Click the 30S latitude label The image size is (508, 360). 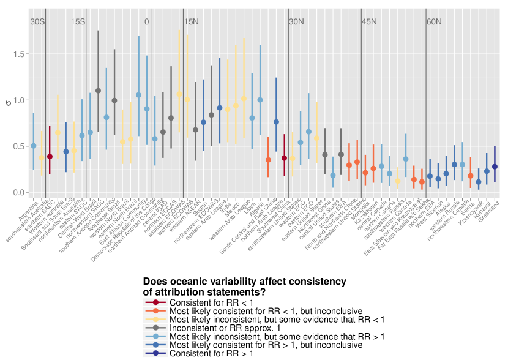(x=37, y=22)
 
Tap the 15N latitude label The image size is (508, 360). (x=191, y=22)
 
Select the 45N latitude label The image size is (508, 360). (x=369, y=22)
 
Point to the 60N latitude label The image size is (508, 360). (x=434, y=22)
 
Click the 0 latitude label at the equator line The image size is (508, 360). (x=147, y=22)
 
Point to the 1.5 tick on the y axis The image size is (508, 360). (x=19, y=54)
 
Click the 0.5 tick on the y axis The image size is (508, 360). (x=19, y=146)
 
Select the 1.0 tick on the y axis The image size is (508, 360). (x=19, y=100)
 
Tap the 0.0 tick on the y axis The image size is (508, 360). (x=19, y=193)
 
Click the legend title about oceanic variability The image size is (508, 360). (x=244, y=287)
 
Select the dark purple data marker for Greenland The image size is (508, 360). (x=495, y=167)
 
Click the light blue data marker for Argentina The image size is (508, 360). (x=34, y=146)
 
